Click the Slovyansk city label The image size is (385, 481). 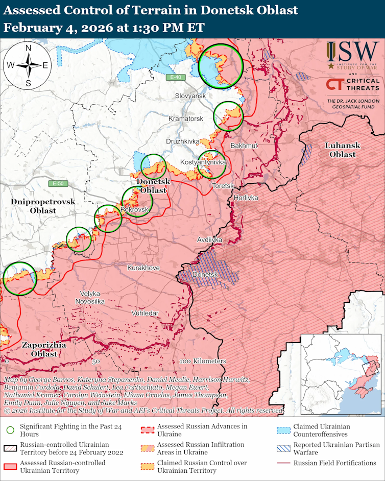pos(190,96)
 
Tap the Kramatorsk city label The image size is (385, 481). pos(186,118)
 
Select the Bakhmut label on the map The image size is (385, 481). pos(244,146)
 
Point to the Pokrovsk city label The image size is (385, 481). pos(134,210)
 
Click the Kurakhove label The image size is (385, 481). pos(143,268)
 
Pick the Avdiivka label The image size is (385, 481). pos(210,239)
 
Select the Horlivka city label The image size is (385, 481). pos(246,198)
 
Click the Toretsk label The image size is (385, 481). pos(223,185)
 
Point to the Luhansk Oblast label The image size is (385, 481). pos(342,150)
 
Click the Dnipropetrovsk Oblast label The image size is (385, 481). pos(43,206)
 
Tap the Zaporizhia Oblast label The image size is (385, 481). pos(43,349)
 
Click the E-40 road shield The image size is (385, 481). pos(176,77)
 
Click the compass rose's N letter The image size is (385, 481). pos(29,48)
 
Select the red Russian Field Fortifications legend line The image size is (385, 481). pos(284,463)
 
